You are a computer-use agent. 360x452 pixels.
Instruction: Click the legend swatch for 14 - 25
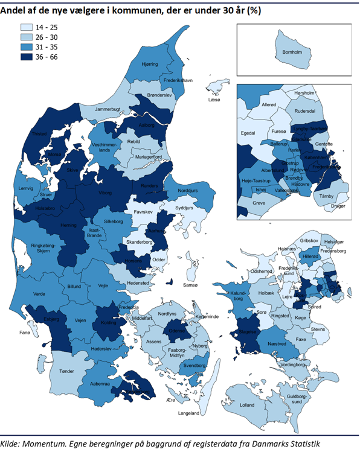(27, 28)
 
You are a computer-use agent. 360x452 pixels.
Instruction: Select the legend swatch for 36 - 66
(27, 58)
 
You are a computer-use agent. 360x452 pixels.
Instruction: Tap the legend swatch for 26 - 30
(27, 38)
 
